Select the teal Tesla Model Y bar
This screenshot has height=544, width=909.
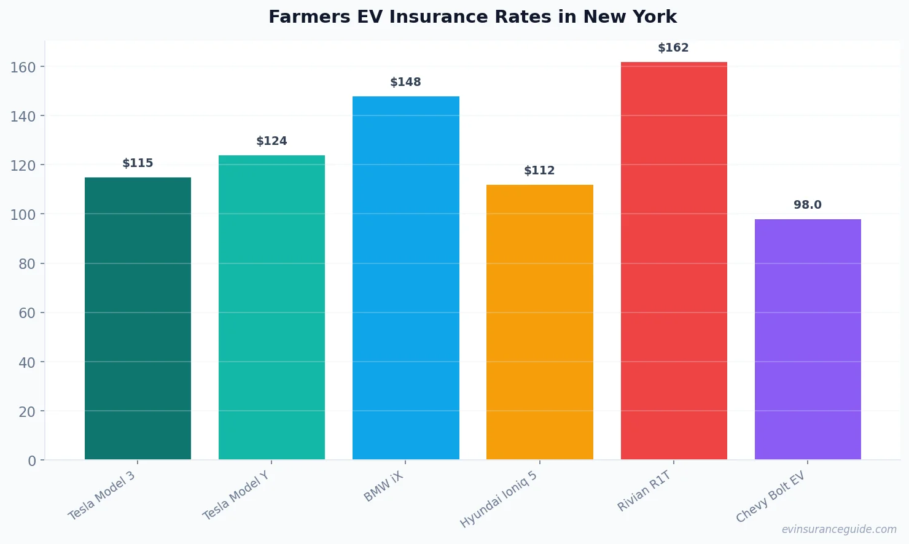tap(271, 307)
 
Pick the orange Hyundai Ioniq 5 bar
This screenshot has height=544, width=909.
tap(539, 322)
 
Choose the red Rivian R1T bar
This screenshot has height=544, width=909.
tap(674, 260)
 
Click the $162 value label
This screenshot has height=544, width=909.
tap(673, 48)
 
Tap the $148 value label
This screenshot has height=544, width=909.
tap(405, 82)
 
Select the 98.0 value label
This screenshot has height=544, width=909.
tap(807, 205)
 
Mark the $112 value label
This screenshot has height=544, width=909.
tap(539, 171)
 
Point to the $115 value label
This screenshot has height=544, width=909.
tap(138, 163)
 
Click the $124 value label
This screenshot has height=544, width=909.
tap(271, 141)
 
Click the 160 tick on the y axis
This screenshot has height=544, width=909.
tap(23, 67)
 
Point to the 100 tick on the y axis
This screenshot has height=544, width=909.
tap(23, 215)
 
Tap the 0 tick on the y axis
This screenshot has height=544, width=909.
tap(32, 461)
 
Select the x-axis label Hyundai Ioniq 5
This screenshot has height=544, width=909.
tap(499, 500)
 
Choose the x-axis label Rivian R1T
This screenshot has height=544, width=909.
tap(644, 491)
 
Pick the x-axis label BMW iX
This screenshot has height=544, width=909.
tap(384, 487)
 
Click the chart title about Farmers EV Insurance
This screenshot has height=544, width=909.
tap(472, 17)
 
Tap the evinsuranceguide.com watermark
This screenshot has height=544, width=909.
tap(838, 529)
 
